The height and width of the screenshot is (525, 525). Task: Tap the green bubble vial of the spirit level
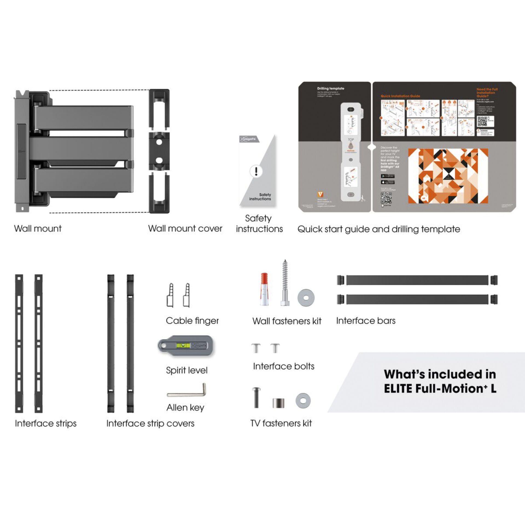182,345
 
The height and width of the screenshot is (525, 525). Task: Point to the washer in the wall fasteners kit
306,297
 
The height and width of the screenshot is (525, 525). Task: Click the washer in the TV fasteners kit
303,401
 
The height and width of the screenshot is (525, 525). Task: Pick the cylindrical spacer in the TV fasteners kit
278,403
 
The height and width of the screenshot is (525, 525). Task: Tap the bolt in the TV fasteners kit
256,398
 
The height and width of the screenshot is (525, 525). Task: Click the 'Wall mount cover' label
185,229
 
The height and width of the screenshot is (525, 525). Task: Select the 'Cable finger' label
192,321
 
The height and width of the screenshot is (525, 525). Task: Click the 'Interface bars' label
366,321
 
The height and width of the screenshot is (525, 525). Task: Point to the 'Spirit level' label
187,370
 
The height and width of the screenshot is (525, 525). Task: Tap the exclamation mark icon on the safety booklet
256,171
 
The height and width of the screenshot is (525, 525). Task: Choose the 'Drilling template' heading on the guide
331,89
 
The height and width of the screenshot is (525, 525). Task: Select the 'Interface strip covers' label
150,423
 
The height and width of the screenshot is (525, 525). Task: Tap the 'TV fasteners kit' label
281,423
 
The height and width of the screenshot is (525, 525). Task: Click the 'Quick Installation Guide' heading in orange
400,96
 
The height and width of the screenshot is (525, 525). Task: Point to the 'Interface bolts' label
284,366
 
